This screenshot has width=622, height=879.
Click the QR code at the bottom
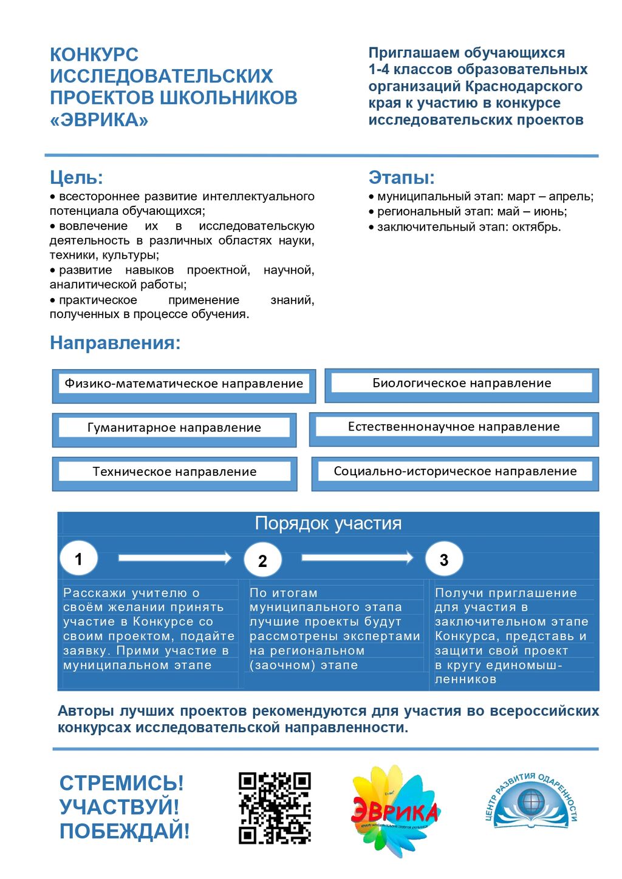tap(275, 808)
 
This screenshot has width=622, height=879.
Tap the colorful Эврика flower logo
tap(395, 810)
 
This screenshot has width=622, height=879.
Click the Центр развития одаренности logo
tap(531, 801)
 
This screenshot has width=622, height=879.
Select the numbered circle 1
tap(78, 558)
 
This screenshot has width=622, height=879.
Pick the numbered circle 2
tap(262, 560)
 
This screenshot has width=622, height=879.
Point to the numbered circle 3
tap(444, 560)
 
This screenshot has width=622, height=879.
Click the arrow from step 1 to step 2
tap(175, 558)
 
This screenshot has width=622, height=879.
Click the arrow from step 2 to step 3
tap(357, 557)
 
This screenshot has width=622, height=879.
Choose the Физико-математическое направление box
tap(183, 384)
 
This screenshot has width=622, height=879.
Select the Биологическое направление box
tap(462, 384)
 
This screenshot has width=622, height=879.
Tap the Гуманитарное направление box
tap(174, 428)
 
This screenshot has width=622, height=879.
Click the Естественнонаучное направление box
tap(454, 427)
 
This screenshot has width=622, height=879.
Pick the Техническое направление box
tap(174, 472)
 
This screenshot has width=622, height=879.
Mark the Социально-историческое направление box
tap(455, 472)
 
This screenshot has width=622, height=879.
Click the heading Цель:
tap(77, 178)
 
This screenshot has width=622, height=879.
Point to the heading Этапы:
tap(402, 178)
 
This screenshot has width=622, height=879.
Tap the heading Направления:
tap(115, 343)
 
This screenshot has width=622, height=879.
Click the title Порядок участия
tap(328, 523)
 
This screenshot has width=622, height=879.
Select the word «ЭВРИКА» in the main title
tap(99, 120)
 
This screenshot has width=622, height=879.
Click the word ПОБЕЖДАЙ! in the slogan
tap(125, 831)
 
